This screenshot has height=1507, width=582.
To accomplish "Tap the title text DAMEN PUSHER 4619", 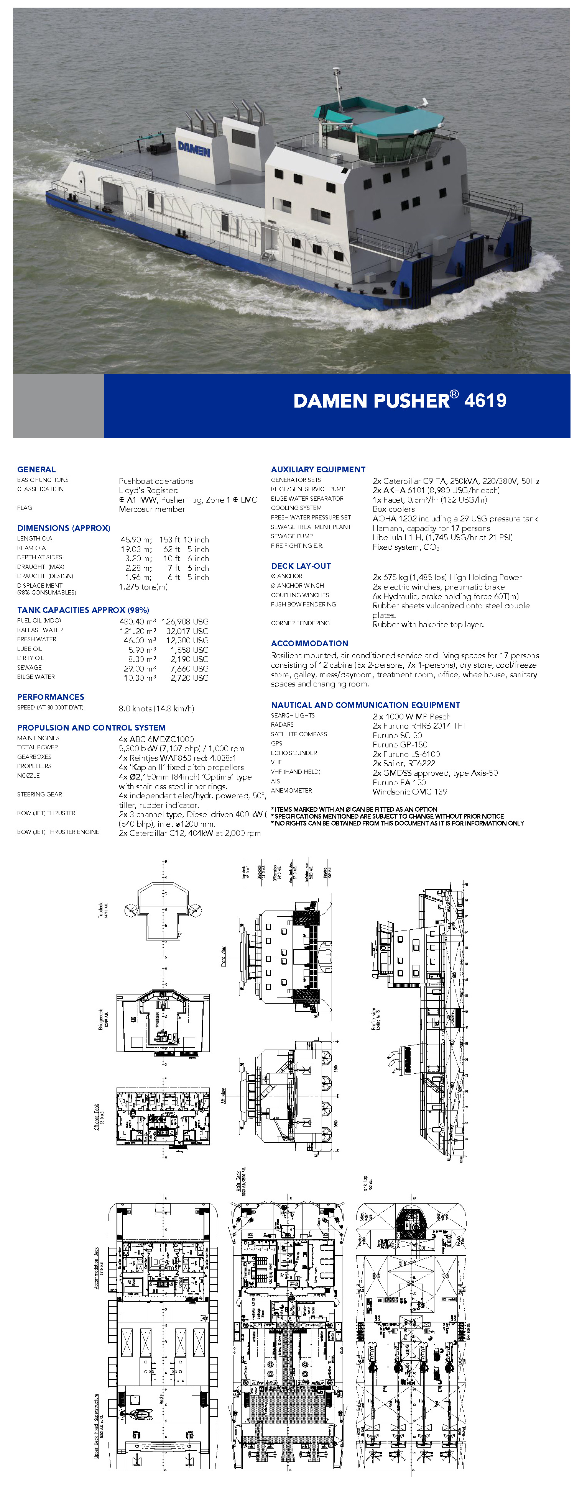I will click(x=400, y=400).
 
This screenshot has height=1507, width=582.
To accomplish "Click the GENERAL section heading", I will click(x=36, y=469).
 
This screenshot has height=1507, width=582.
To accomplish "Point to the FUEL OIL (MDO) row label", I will click(x=39, y=620).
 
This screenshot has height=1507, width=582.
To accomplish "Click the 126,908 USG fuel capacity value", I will click(x=185, y=621).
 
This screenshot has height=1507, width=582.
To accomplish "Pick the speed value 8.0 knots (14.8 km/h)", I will click(x=156, y=708).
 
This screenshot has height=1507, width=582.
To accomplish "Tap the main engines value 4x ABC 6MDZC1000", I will click(x=156, y=739).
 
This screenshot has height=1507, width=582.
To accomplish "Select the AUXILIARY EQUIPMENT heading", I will click(x=318, y=469).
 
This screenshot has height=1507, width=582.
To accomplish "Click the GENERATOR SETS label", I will click(x=296, y=480).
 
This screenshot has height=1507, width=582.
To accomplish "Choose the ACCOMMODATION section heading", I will click(x=309, y=643).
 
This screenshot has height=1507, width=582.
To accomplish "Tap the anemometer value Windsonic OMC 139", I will click(x=410, y=791).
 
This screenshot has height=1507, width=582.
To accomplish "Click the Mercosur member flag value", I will click(x=152, y=509).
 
